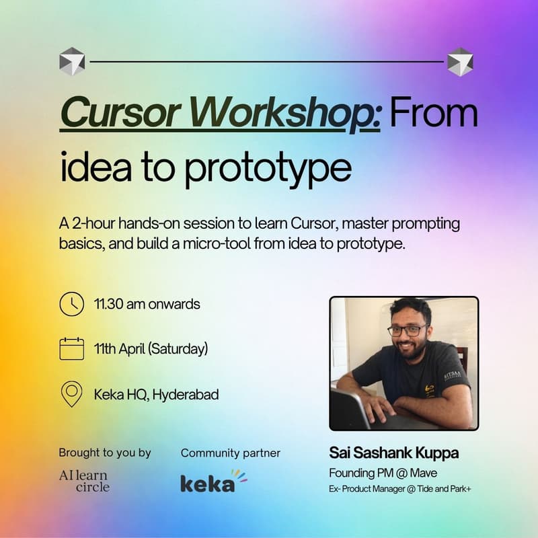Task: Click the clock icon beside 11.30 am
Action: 71,304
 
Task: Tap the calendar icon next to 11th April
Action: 71,349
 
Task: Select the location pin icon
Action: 71,394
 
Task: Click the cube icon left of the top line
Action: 71,61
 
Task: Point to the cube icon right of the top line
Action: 460,61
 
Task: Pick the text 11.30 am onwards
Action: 147,304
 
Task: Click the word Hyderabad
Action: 186,395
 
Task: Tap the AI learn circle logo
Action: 83,482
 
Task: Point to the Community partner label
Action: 231,453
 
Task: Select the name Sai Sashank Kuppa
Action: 393,453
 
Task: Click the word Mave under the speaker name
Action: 424,473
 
